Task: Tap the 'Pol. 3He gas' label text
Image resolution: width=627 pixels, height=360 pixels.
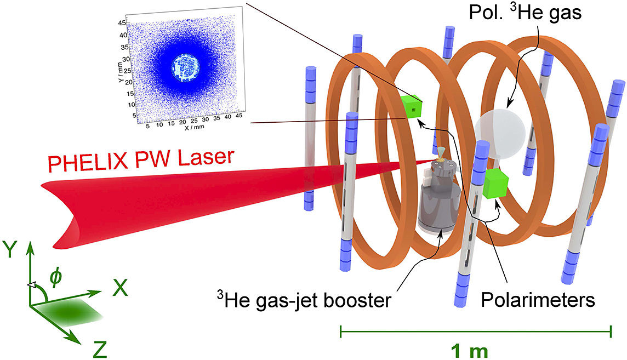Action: coord(525,12)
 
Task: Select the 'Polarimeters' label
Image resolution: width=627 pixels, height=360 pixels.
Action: coord(538,300)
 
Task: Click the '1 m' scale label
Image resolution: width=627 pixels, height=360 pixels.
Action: coord(470,351)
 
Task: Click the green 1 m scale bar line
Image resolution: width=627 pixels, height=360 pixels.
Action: coord(475,332)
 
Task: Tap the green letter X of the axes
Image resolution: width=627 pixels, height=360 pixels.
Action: coord(120,287)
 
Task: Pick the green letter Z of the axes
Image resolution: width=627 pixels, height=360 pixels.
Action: coord(100,349)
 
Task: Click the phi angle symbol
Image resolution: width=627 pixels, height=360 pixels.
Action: coord(55,277)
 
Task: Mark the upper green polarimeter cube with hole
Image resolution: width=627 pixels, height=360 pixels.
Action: coord(412,107)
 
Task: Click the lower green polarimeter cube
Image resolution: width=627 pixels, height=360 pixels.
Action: coord(495,183)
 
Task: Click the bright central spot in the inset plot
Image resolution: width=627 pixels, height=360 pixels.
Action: coord(185,67)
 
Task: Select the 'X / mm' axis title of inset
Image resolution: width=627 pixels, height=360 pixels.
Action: coord(195,128)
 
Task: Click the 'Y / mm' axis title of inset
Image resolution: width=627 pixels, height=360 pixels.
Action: coord(120,72)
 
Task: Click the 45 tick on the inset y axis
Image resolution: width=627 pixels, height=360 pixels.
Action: coord(122,23)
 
